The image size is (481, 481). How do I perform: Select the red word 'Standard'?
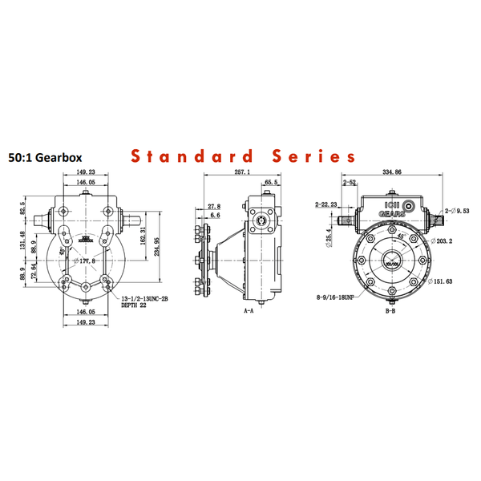(196, 156)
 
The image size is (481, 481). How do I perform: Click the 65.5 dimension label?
(270, 183)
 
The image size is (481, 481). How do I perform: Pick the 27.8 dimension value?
(213, 206)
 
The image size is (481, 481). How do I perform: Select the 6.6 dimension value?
(213, 216)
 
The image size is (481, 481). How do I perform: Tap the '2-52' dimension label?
(350, 183)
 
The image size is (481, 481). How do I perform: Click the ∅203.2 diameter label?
(442, 240)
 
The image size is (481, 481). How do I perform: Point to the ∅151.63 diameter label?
(443, 281)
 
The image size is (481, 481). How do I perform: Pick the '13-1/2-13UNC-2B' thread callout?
(144, 297)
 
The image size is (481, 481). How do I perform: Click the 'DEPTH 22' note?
(134, 305)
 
